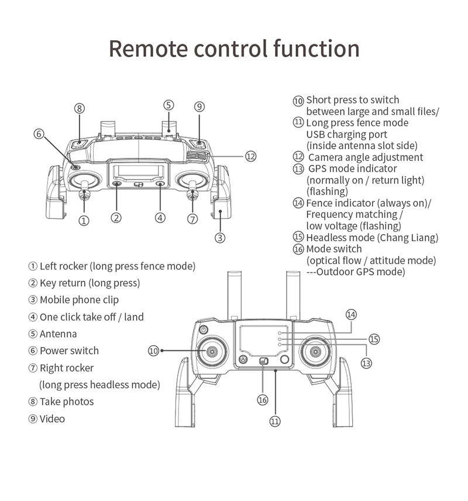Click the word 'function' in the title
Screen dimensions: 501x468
pyautogui.click(x=316, y=48)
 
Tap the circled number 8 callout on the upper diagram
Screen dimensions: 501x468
pyautogui.click(x=80, y=107)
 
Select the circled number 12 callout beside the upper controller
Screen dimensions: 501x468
pyautogui.click(x=250, y=156)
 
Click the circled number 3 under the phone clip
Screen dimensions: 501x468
pyautogui.click(x=220, y=237)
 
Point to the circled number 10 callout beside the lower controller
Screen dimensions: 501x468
pyautogui.click(x=153, y=350)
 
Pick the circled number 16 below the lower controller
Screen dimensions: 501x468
pyautogui.click(x=263, y=400)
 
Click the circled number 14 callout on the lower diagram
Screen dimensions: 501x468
pyautogui.click(x=350, y=314)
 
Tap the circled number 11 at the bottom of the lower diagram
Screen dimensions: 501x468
pyautogui.click(x=275, y=421)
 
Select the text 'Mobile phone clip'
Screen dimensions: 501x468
pyautogui.click(x=79, y=300)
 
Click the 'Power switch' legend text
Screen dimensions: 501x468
pyautogui.click(x=69, y=351)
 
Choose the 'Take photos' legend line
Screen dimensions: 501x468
pyautogui.click(x=67, y=402)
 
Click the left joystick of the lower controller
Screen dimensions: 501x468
pyautogui.click(x=211, y=352)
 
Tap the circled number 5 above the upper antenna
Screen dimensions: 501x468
pyautogui.click(x=168, y=105)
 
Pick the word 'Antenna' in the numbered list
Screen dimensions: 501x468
pyautogui.click(x=58, y=334)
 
